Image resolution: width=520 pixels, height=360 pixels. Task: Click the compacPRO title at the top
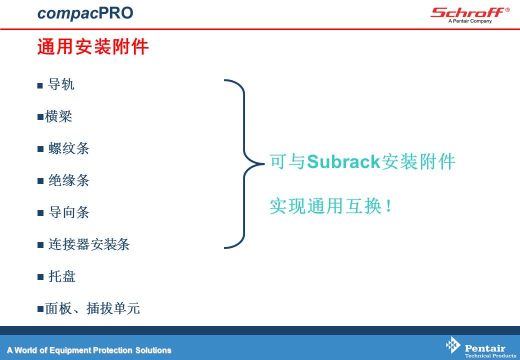coord(85,13)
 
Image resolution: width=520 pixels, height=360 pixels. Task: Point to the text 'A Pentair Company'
coord(470,21)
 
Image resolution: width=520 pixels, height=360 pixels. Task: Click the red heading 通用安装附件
coord(93,46)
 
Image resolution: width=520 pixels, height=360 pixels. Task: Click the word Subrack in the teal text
coord(343,162)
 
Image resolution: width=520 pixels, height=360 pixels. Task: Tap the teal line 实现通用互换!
coord(330,206)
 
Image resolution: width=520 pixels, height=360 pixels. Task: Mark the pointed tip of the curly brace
coord(264,164)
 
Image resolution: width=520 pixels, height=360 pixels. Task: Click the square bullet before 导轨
coord(40,85)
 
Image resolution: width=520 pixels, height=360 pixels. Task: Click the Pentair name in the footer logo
coord(485,348)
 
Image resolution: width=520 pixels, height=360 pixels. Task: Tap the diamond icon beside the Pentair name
coord(453,345)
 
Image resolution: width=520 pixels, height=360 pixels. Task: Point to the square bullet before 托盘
coord(40,277)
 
